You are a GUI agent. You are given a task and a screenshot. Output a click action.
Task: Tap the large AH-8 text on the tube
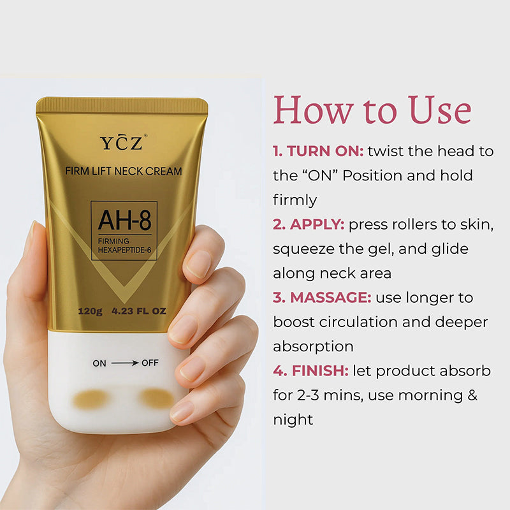(x=124, y=220)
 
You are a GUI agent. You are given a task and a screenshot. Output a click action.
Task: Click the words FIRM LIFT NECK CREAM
(x=123, y=171)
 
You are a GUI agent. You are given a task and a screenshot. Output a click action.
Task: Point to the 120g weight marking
(x=90, y=311)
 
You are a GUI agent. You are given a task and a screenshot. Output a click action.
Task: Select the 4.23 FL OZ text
(x=139, y=311)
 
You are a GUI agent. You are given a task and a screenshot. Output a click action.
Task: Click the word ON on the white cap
(x=99, y=363)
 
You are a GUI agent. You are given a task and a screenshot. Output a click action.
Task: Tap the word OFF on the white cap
(x=150, y=363)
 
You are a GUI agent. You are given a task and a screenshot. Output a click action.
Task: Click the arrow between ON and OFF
(x=125, y=363)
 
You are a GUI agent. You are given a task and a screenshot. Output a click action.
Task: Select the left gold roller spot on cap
(x=91, y=399)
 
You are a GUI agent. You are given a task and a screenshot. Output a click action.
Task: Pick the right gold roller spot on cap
(x=157, y=398)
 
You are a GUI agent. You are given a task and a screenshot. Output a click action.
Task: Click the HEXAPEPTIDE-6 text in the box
(x=124, y=250)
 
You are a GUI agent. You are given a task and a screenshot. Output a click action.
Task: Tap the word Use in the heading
(x=439, y=110)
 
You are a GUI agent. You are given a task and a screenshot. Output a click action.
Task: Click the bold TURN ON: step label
(x=318, y=151)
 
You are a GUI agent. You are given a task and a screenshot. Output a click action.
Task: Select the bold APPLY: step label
(x=309, y=225)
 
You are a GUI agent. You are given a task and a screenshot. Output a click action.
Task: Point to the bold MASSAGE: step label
(x=322, y=298)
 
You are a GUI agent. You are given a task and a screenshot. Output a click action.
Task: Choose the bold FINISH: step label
(x=311, y=371)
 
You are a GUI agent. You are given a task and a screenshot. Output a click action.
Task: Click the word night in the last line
(x=293, y=420)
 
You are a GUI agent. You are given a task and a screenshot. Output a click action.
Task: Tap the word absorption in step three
(x=313, y=346)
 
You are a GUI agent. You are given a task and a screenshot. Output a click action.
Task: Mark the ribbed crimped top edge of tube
(x=122, y=105)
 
